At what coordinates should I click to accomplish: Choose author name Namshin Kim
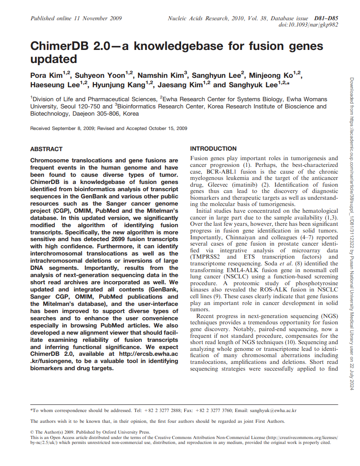click(160, 75)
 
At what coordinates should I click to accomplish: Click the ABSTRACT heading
click(46, 149)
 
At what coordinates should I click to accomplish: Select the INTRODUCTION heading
click(213, 148)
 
